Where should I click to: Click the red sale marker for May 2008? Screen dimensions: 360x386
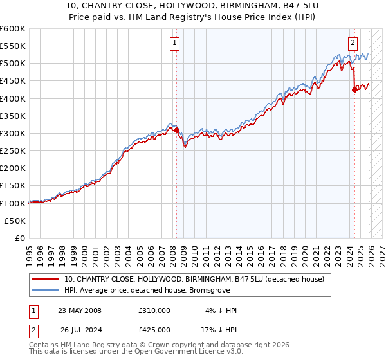(176, 130)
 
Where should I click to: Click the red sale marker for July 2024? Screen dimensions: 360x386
(354, 90)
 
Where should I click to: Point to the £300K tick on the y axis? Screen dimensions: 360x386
(12, 133)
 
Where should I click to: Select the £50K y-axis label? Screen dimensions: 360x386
(15, 221)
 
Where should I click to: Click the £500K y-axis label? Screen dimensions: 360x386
(12, 64)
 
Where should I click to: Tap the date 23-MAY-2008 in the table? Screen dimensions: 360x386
(80, 310)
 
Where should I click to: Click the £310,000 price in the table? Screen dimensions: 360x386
(154, 310)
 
